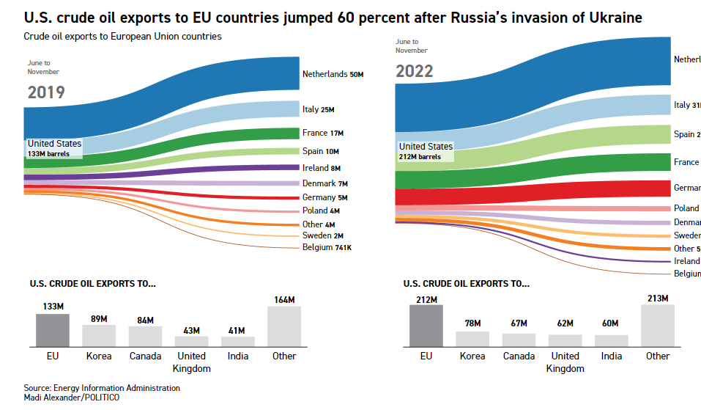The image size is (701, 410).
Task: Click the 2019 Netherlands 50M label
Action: click(333, 75)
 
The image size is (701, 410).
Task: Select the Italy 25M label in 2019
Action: click(318, 110)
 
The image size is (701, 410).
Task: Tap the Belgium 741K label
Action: click(327, 248)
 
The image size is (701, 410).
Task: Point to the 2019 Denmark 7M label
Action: click(324, 183)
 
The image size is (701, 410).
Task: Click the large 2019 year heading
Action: click(46, 92)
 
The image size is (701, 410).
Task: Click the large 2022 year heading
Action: click(415, 71)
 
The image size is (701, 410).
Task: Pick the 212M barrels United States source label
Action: click(426, 150)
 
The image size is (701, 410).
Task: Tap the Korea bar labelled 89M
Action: click(98, 335)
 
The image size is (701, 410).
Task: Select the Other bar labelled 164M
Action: click(283, 326)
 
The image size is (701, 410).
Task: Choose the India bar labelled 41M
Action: click(238, 341)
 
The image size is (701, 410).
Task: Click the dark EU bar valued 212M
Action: click(426, 326)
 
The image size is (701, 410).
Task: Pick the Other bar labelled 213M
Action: click(657, 326)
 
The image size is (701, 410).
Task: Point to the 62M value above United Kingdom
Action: click(565, 323)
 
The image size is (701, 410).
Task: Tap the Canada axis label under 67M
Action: click(519, 356)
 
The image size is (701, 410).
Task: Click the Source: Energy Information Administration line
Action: click(101, 388)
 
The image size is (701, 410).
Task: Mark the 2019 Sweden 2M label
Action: click(323, 235)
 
